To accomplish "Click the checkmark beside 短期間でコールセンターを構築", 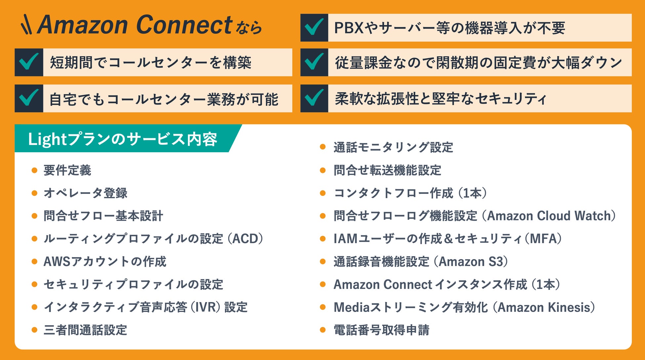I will click(x=29, y=62).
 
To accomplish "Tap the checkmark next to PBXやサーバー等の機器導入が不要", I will click(x=314, y=27).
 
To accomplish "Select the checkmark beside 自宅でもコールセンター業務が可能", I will click(x=29, y=98).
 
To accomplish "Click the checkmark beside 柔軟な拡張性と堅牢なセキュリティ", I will click(x=314, y=98).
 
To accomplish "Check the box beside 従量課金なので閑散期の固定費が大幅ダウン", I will click(x=314, y=62).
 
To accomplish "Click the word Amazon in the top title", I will click(x=83, y=25).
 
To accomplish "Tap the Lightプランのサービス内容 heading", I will click(x=123, y=139).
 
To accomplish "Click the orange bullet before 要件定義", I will click(x=34, y=170).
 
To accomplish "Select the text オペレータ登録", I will click(x=85, y=193).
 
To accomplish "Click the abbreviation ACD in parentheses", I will click(x=245, y=239).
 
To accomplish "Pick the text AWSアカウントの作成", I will click(x=105, y=262).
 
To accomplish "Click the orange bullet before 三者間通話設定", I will click(x=34, y=330).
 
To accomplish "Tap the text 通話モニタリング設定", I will click(x=393, y=148).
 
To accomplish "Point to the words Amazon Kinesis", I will click(x=544, y=307).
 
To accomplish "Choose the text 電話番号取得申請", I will click(x=381, y=330).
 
